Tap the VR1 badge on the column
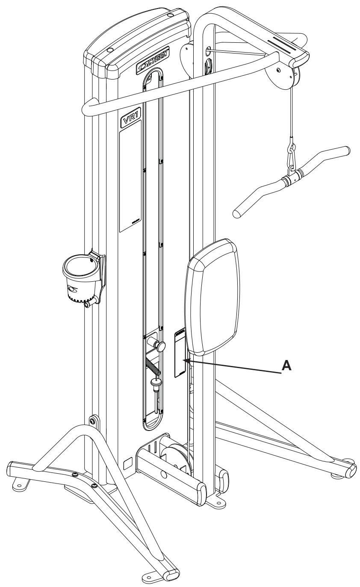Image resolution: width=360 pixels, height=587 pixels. tap(130, 120)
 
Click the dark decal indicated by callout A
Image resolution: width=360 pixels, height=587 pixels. tap(180, 354)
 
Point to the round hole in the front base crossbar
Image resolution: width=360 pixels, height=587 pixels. tap(165, 473)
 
